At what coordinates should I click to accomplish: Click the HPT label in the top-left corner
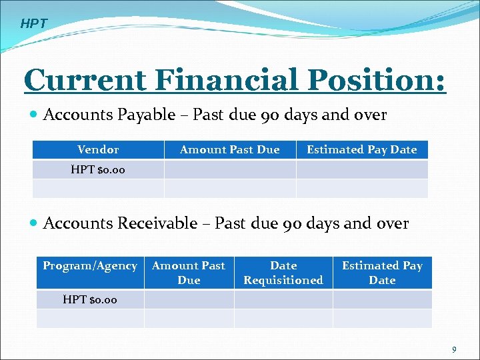point(34,24)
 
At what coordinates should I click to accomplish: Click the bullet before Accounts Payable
point(34,115)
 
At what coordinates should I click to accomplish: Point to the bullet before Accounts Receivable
point(34,224)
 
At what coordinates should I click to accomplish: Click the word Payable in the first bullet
point(146,115)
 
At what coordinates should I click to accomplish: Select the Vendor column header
point(98,150)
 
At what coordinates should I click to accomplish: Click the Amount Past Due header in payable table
point(230,150)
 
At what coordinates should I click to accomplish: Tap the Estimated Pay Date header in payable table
point(361,150)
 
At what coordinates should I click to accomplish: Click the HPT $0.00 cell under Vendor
point(98,170)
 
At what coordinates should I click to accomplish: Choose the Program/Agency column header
point(90,266)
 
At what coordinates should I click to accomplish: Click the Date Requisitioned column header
point(283,273)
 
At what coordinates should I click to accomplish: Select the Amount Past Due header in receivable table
point(189,273)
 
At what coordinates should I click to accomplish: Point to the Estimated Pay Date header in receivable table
point(382,273)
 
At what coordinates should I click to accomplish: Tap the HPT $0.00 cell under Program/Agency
point(90,299)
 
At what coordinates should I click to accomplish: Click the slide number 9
point(454,349)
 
